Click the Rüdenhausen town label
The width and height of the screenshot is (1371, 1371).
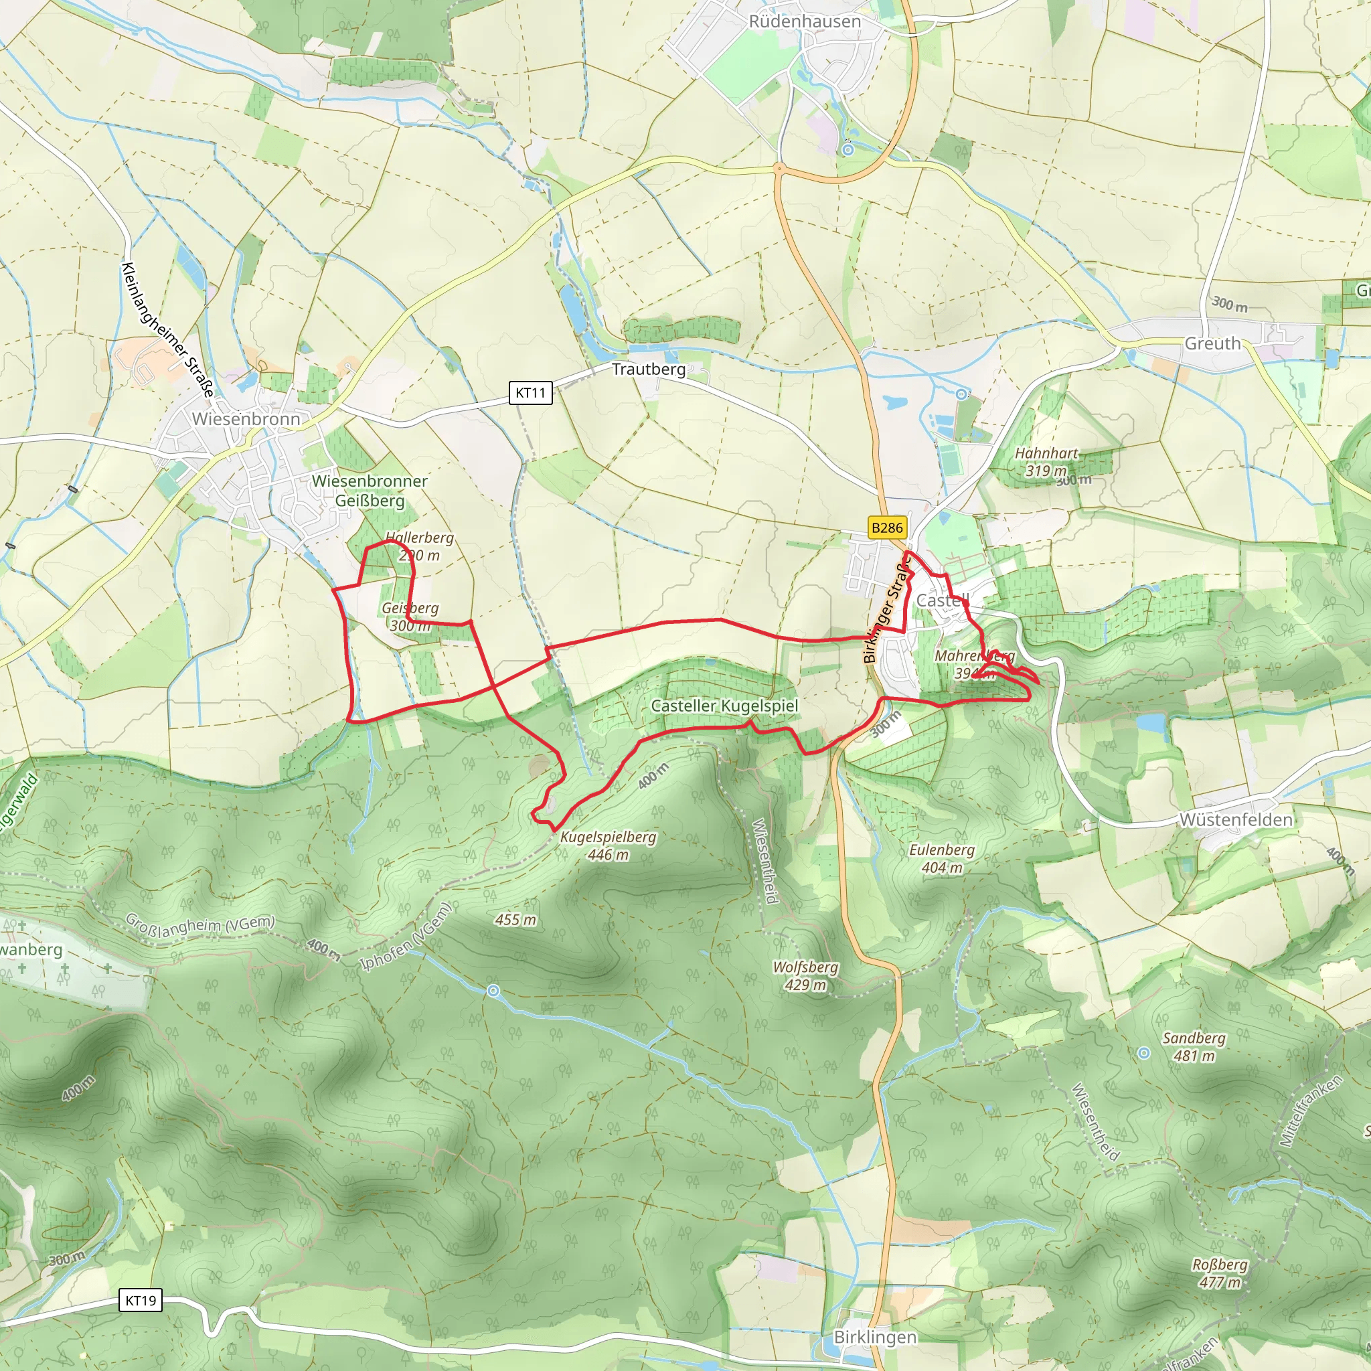coord(805,22)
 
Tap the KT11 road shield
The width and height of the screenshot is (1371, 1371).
coord(530,392)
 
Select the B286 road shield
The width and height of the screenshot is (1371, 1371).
coord(887,528)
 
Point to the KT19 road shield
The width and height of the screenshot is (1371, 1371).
coord(141,1300)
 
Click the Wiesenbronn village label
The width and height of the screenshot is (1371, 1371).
coord(246,418)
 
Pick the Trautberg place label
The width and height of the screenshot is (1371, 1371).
coord(649,369)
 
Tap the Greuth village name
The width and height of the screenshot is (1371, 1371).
coord(1213,343)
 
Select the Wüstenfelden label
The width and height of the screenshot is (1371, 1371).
coord(1236,819)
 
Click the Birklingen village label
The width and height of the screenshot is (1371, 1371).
coord(875,1337)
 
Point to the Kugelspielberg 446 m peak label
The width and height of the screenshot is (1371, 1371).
coord(608,846)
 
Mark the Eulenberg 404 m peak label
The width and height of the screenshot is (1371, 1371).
coord(942,859)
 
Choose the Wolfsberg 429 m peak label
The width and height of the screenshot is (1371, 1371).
coord(805,976)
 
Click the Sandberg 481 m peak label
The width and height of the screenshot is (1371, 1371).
coord(1194,1047)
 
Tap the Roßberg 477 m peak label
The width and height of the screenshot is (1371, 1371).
coord(1219,1273)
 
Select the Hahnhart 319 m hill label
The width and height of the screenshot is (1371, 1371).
coord(1046,461)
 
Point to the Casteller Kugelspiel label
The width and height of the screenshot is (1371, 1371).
coord(724,706)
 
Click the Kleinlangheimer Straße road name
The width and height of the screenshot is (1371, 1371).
coord(167,329)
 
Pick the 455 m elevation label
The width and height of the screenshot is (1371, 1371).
coord(516,920)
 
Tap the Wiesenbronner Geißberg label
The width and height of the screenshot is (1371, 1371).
coord(370,490)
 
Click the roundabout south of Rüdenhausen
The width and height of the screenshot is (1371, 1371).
coord(779,169)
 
